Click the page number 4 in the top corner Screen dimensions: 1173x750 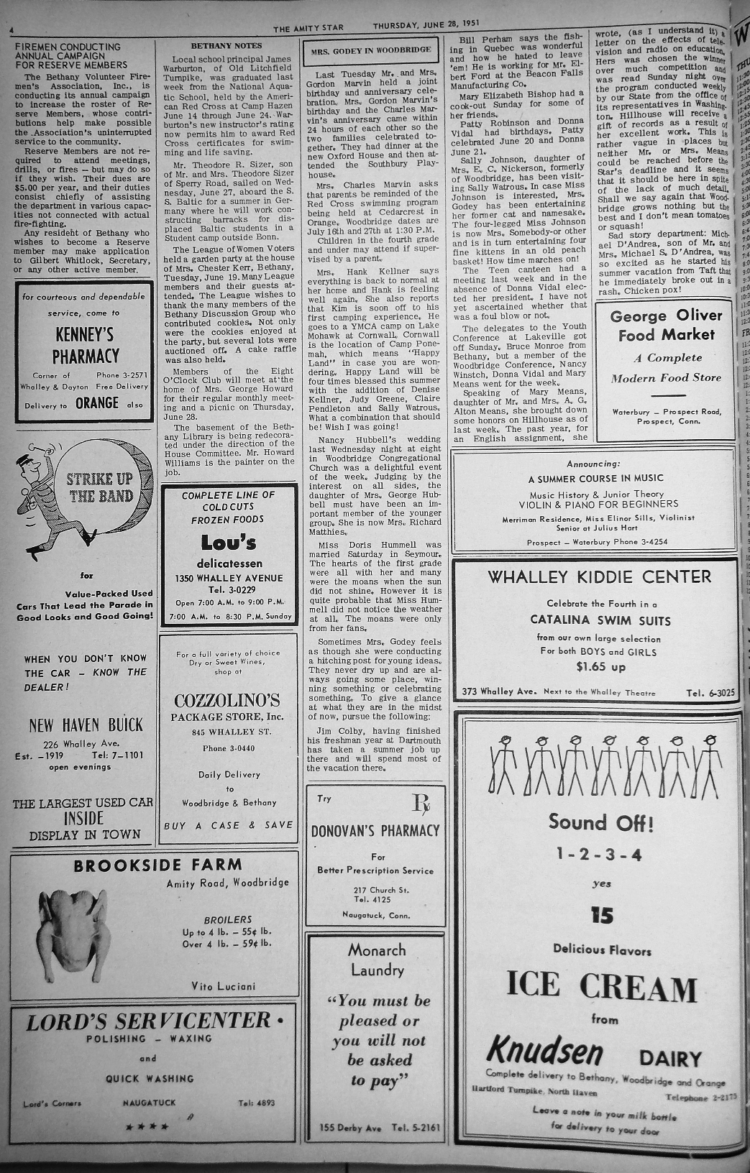coord(12,30)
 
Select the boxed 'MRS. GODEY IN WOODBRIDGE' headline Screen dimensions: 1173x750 coord(372,50)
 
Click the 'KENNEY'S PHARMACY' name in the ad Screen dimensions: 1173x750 coord(85,345)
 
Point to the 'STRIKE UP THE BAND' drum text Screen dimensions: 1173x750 coord(100,488)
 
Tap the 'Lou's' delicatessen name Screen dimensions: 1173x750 coord(229,543)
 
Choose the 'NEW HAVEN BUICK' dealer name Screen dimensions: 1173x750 coord(86,724)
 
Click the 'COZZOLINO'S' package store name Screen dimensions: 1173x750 coord(227,700)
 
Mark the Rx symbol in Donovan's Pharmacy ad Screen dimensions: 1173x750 coord(421,804)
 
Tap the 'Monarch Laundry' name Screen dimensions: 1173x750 coord(377,960)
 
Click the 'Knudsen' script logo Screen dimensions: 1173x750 coord(545,1052)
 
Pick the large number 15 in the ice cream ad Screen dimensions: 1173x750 coord(601,915)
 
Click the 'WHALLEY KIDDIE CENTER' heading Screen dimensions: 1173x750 coord(599,576)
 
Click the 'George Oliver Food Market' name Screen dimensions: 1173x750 coord(666,326)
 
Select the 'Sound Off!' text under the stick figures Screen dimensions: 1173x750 coord(601,822)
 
